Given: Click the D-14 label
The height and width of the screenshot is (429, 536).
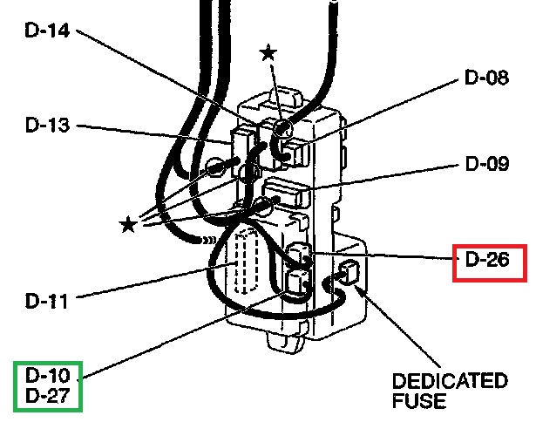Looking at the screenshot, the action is (x=47, y=31).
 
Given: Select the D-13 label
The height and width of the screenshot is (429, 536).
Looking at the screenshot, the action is (x=48, y=125).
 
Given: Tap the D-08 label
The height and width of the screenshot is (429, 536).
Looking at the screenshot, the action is (x=487, y=78).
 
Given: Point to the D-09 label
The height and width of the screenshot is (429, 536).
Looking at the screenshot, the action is (x=487, y=164).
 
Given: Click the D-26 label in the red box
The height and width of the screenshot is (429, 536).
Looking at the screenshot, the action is (x=487, y=259).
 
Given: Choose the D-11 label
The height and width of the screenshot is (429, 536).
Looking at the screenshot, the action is (x=46, y=301).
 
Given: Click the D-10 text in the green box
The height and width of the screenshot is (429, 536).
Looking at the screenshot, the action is (x=48, y=375).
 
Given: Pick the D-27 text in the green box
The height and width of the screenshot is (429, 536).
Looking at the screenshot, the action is (x=48, y=396).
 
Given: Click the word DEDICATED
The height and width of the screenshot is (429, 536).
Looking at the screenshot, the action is (x=450, y=381).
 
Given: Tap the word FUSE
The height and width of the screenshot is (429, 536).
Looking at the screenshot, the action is (x=419, y=400).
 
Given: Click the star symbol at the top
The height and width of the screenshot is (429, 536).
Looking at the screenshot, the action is (x=268, y=52).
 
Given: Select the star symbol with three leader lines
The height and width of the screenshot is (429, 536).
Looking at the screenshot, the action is (x=128, y=224).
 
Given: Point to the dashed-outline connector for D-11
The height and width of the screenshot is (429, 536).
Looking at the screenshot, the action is (x=247, y=262).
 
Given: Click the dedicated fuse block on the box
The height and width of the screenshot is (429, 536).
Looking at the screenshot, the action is (x=348, y=272).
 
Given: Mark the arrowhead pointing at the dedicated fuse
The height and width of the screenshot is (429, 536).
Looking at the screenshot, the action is (x=358, y=289).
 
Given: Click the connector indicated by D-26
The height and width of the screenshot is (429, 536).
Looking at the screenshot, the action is (x=300, y=255).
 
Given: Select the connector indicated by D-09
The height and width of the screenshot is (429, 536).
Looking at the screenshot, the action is (x=288, y=191).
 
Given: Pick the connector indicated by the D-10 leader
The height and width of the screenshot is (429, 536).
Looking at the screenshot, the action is (x=298, y=283).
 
